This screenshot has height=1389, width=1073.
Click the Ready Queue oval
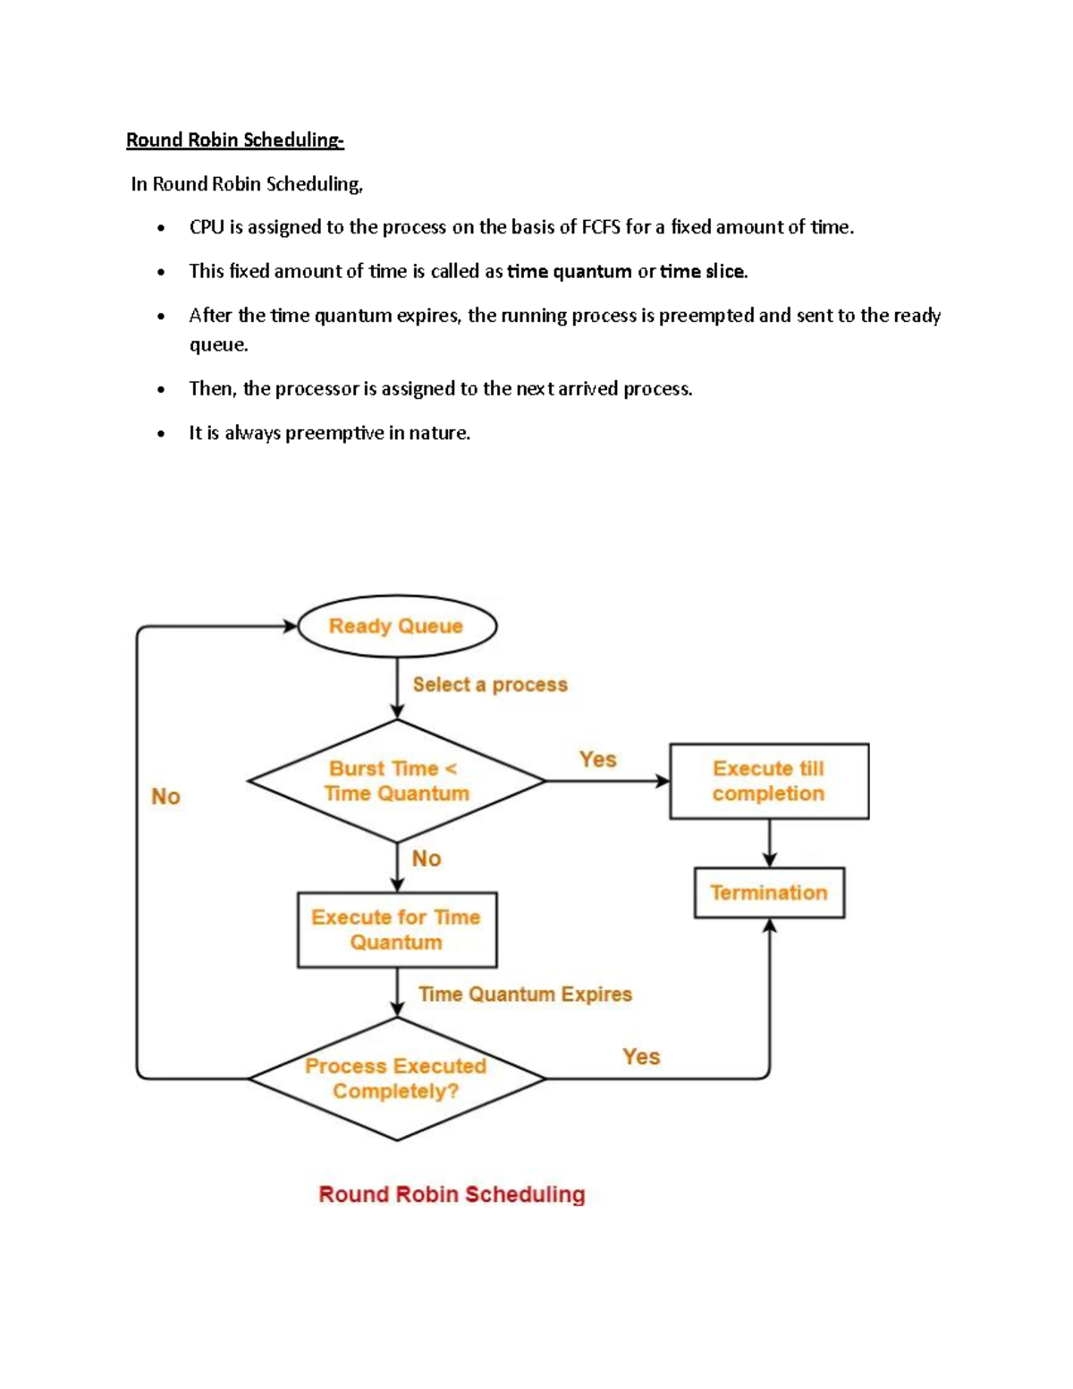396,626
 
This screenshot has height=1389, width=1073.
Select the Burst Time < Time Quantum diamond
396,781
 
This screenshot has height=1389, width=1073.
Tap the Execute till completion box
769,781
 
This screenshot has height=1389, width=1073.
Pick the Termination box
769,893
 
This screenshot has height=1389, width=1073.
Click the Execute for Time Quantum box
396,929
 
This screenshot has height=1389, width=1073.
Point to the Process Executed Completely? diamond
396,1079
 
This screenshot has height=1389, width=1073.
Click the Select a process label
490,684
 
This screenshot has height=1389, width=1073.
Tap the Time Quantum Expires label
525,994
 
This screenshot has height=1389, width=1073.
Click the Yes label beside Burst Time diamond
597,759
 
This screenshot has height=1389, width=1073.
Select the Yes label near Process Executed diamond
641,1056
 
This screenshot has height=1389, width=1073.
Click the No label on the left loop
165,796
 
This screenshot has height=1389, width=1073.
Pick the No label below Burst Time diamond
427,859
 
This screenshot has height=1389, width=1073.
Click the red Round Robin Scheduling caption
452,1194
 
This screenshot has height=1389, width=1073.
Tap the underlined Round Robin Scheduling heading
234,140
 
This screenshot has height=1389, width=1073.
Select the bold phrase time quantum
570,271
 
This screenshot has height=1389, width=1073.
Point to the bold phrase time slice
703,271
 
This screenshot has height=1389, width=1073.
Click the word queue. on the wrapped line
218,344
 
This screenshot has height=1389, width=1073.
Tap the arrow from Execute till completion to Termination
769,843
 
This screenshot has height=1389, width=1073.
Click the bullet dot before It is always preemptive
161,435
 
